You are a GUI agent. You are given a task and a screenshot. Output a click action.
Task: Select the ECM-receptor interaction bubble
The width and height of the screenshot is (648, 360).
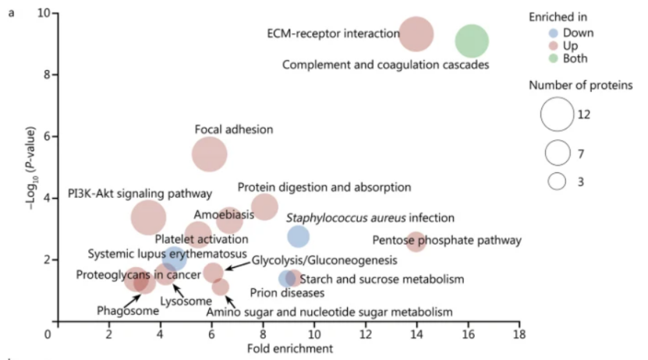point(416,34)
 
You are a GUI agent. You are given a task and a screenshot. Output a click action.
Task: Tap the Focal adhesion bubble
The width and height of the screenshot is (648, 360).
point(210,154)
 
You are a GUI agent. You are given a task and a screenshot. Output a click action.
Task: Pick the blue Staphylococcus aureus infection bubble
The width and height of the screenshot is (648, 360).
point(298,236)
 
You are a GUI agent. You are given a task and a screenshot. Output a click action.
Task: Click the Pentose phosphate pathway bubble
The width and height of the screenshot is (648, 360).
point(416,242)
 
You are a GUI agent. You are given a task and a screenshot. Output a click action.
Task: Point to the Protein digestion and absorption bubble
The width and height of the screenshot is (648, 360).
point(264,206)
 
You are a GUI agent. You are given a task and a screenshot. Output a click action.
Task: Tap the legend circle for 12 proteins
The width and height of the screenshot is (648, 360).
point(557,115)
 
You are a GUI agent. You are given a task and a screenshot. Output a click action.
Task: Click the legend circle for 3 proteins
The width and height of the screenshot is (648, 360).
point(557,181)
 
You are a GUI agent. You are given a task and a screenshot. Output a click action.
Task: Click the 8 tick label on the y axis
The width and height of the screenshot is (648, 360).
point(37,75)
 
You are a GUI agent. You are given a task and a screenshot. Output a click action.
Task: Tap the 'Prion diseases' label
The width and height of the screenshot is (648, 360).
point(287,294)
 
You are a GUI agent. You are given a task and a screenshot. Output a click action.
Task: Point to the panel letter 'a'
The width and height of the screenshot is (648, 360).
point(10,13)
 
